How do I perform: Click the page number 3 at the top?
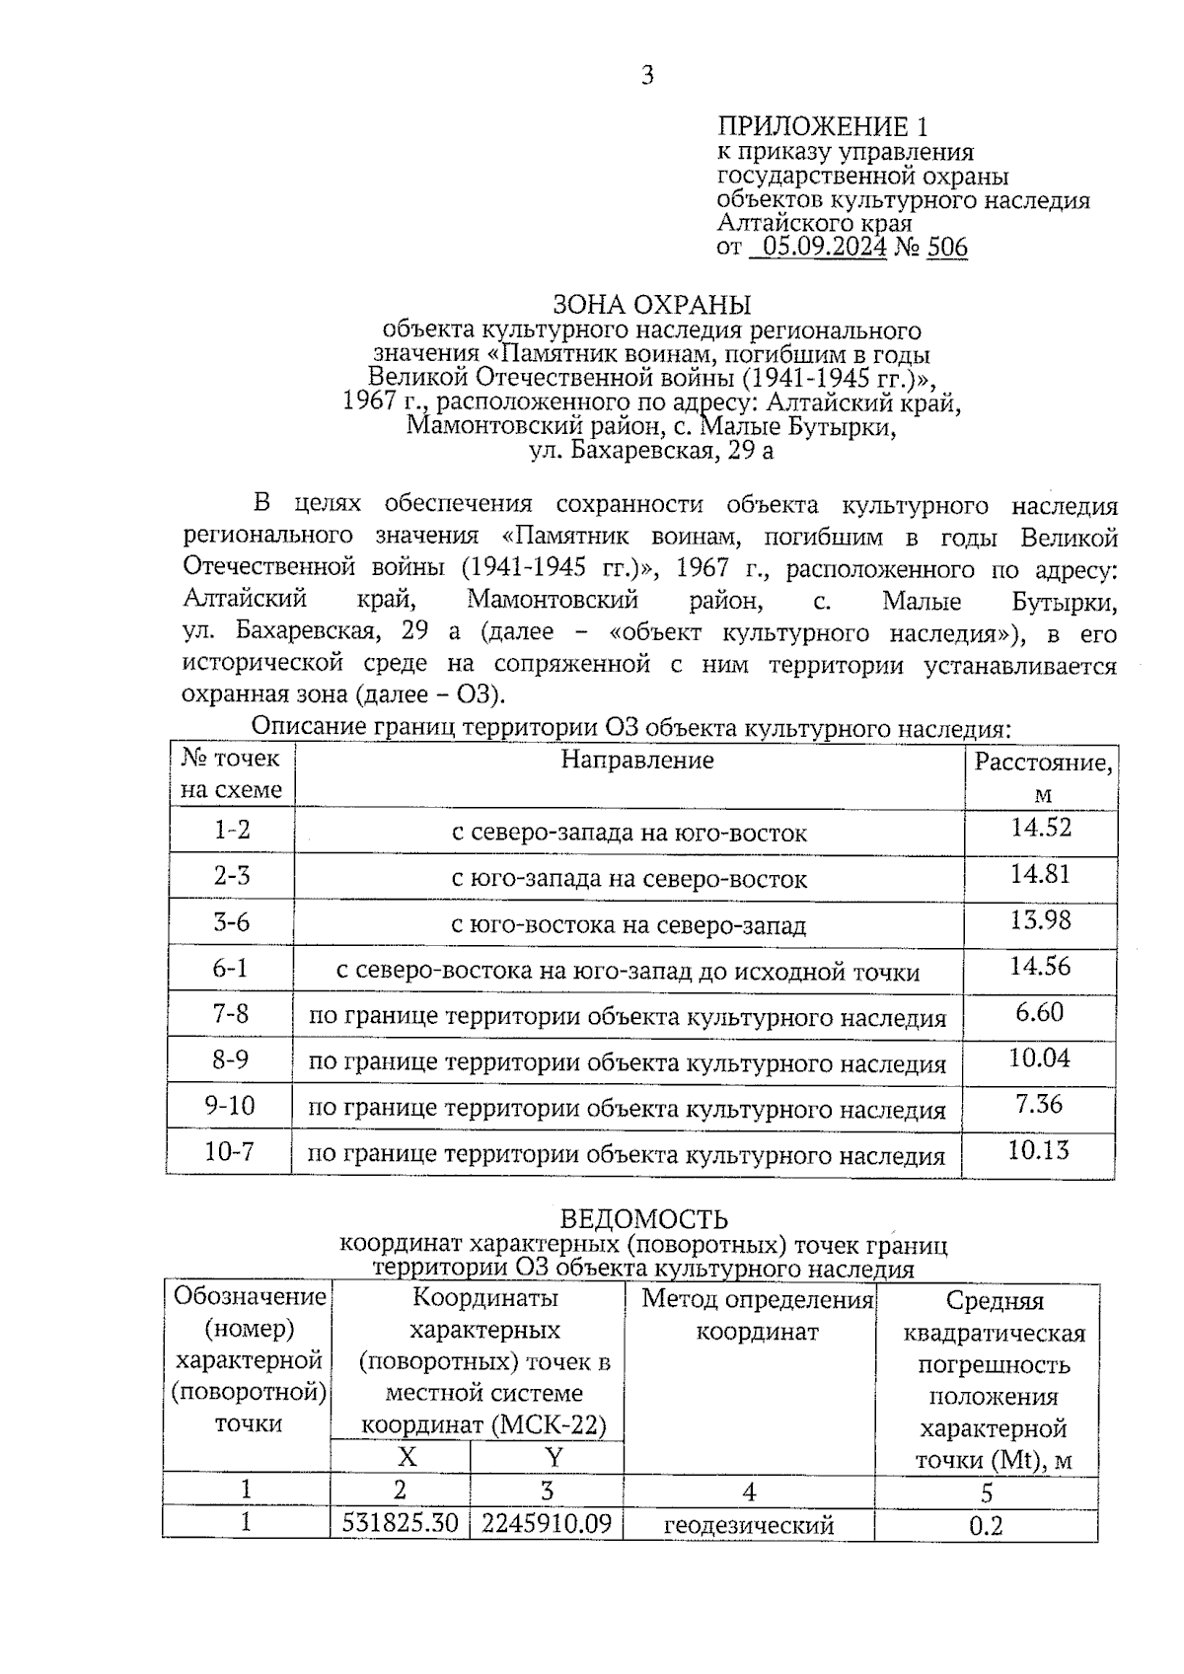click(x=647, y=76)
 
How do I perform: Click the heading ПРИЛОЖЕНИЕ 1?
click(x=822, y=126)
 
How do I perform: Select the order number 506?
click(x=947, y=247)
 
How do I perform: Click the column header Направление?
click(x=637, y=760)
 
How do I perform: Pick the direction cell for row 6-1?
click(x=628, y=972)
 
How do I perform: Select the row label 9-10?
click(x=230, y=1105)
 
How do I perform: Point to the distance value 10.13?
click(x=1039, y=1150)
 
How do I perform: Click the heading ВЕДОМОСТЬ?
click(x=644, y=1219)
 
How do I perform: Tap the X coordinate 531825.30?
click(x=401, y=1523)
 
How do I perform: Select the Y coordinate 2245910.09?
click(x=547, y=1523)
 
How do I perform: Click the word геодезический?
click(x=749, y=1525)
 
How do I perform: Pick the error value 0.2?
click(x=986, y=1526)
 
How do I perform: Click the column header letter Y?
click(x=554, y=1457)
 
